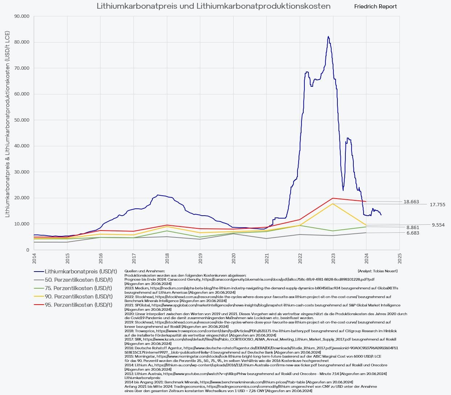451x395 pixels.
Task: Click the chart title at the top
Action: coord(213,6)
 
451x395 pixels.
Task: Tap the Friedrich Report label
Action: coord(375,7)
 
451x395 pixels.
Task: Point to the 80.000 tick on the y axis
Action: coord(21,42)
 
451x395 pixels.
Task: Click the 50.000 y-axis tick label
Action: coord(21,120)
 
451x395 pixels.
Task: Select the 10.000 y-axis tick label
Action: coord(21,224)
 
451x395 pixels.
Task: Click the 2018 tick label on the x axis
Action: coord(167,258)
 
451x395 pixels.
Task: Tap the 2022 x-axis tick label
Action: coord(300,258)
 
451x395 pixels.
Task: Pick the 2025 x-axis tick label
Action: coord(399,258)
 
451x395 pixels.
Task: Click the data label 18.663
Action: coord(411,202)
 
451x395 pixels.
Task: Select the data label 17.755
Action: coord(437,205)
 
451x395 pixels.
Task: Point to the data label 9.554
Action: coord(438,225)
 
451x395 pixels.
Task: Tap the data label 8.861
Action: coord(413,228)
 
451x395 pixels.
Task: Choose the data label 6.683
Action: coord(413,233)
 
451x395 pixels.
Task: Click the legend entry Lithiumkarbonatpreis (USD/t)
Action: coord(81,272)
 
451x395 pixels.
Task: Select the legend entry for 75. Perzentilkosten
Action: coord(78,288)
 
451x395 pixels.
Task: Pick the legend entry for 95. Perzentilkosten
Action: coord(78,305)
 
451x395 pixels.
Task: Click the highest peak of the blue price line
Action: coord(328,37)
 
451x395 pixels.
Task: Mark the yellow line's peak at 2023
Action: coord(333,204)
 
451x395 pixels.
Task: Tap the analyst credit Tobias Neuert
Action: coord(377,271)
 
